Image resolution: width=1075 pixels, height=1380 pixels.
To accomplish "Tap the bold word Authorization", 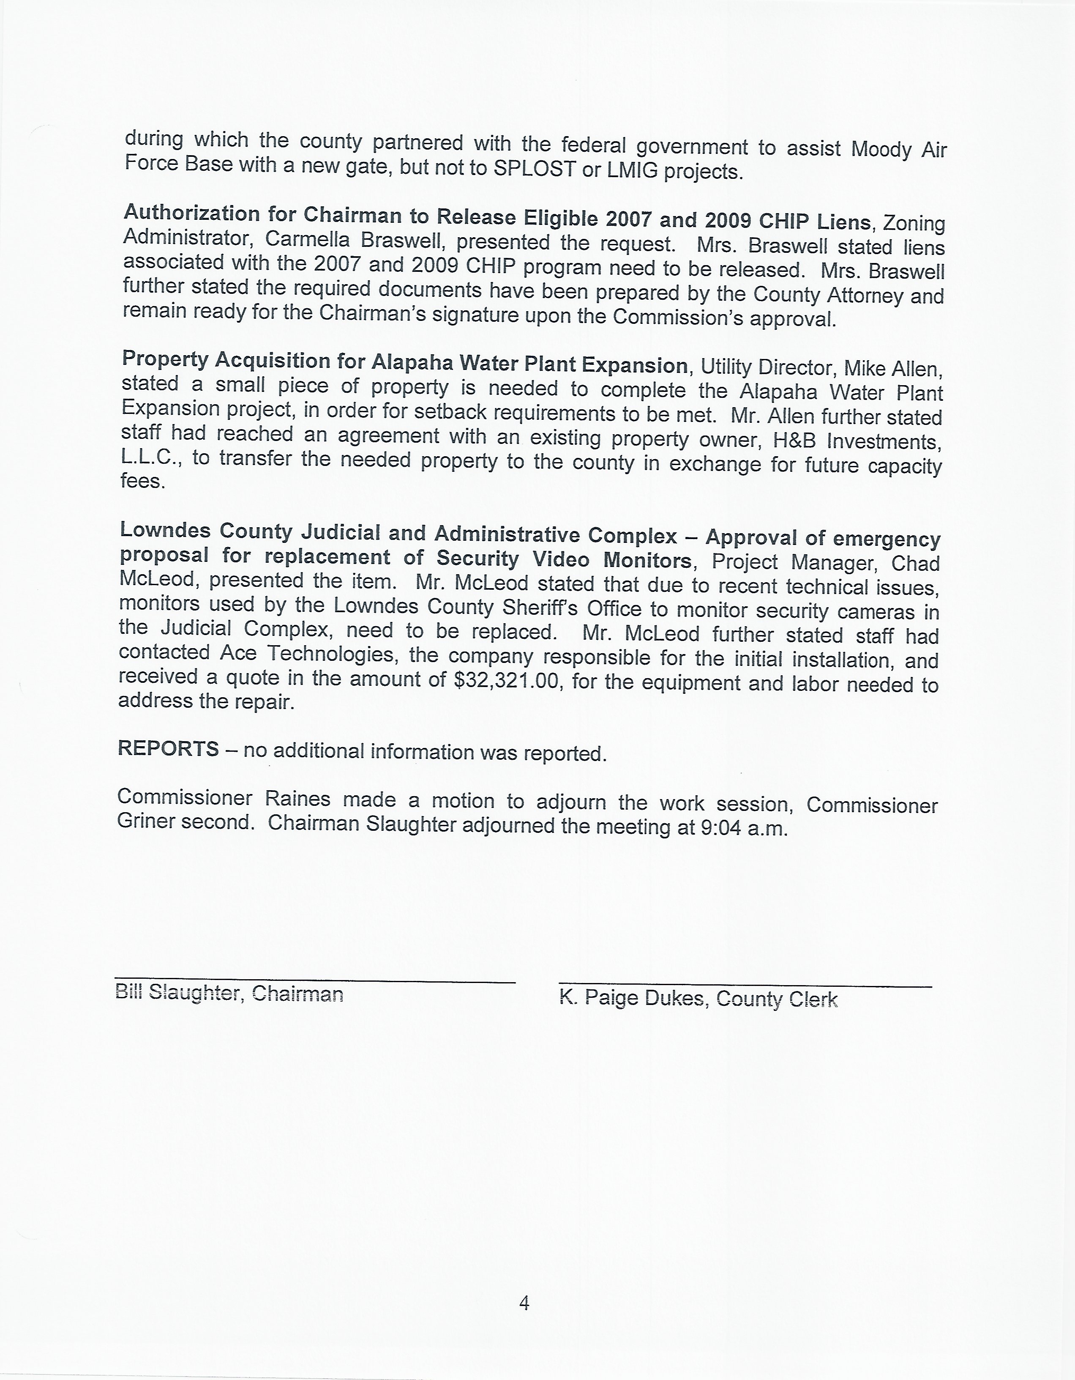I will [191, 214].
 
